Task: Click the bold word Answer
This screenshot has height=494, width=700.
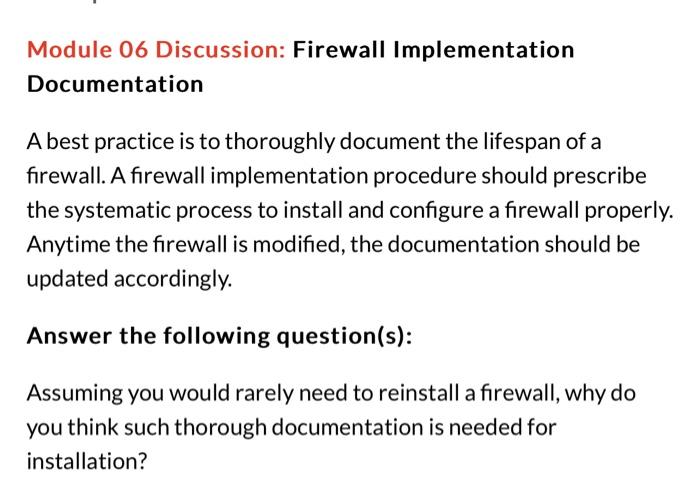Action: point(69,335)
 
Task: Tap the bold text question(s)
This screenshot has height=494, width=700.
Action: point(343,335)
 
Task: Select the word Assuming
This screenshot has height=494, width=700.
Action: point(71,394)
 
